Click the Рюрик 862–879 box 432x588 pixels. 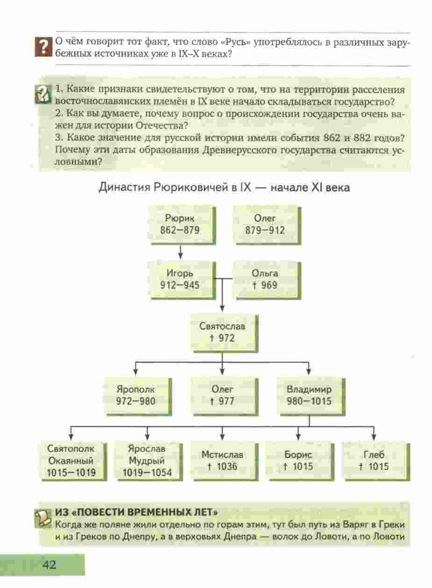coord(183,225)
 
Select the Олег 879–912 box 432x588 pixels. coord(267,225)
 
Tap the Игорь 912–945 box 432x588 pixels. coord(183,280)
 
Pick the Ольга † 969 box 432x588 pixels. coord(267,280)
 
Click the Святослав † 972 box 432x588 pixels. coord(224,333)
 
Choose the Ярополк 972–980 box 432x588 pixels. coord(138,396)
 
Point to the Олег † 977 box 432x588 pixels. coord(224,396)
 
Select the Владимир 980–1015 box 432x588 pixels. coord(311,396)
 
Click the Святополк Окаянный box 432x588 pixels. coord(72,461)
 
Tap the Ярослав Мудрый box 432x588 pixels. coord(149,461)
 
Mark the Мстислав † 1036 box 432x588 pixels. coord(224,461)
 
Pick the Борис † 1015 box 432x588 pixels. coord(300,461)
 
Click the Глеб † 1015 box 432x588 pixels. coord(376,461)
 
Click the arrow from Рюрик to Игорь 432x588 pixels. coord(180,252)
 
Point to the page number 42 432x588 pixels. coord(49,564)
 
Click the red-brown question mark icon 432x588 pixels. coord(43,47)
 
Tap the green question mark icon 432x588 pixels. coord(43,94)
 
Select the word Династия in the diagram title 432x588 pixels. coord(124,188)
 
